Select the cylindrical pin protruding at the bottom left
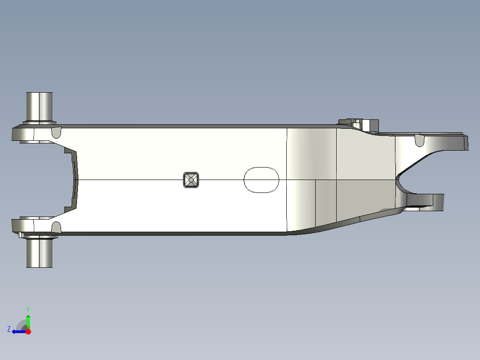[x=39, y=252]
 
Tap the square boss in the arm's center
[x=191, y=180]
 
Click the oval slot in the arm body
[x=261, y=180]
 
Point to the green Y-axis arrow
[x=28, y=320]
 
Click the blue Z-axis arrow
[x=18, y=331]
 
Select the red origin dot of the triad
[x=28, y=331]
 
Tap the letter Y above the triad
[x=28, y=309]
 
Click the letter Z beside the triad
[x=8, y=329]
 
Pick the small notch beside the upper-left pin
[x=57, y=132]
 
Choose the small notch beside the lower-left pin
[x=56, y=227]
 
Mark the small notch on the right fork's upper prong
[x=419, y=141]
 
